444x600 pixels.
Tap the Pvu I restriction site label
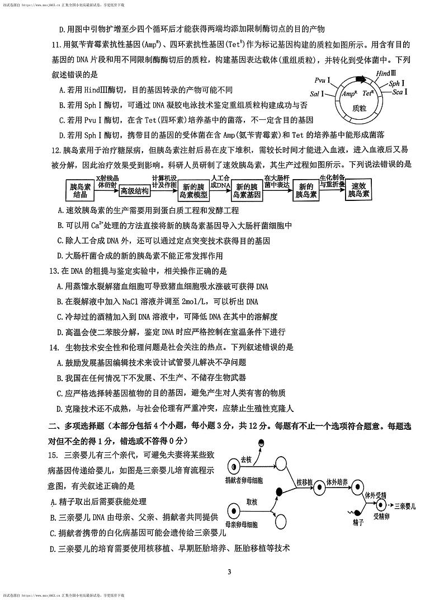pos(323,81)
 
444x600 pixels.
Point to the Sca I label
pos(399,92)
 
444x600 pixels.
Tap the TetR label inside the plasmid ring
pos(367,93)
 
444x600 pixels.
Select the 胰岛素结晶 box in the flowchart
pos(81,190)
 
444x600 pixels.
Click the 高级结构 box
pos(135,191)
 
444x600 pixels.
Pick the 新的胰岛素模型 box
pos(193,191)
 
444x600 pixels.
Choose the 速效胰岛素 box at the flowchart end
pos(358,191)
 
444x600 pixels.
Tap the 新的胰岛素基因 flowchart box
pos(247,191)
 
